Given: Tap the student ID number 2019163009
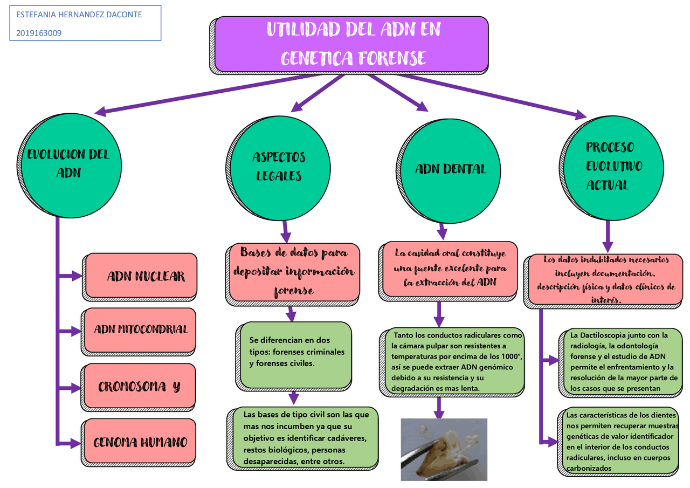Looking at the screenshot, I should pyautogui.click(x=39, y=33).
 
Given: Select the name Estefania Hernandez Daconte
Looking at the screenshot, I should pyautogui.click(x=79, y=15).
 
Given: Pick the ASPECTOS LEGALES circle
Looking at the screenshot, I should pyautogui.click(x=279, y=167).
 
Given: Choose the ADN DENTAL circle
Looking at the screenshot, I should pyautogui.click(x=450, y=169).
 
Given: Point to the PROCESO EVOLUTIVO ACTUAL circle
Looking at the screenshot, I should pyautogui.click(x=609, y=166).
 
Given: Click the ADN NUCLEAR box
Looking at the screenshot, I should pyautogui.click(x=142, y=276).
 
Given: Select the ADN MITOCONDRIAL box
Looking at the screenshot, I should pyautogui.click(x=141, y=329).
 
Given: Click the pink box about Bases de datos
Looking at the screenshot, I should pyautogui.click(x=294, y=272).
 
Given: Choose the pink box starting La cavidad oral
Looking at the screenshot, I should pyautogui.click(x=450, y=267).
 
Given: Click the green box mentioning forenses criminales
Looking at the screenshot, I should pyautogui.click(x=296, y=353).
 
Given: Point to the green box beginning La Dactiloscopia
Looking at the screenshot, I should pyautogui.click(x=618, y=361).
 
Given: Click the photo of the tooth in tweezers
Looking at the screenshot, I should pyautogui.click(x=444, y=449).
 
